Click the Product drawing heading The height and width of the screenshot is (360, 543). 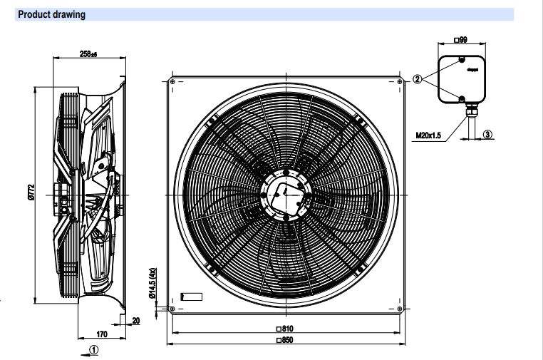click(x=51, y=14)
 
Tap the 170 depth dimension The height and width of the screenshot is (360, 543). click(x=102, y=333)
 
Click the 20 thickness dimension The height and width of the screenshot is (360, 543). click(x=135, y=320)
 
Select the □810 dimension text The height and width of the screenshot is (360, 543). click(x=286, y=329)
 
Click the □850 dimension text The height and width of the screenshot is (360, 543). click(x=286, y=340)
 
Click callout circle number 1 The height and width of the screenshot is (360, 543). click(x=95, y=349)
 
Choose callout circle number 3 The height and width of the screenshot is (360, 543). click(x=487, y=134)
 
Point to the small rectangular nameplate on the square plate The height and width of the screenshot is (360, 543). click(x=192, y=296)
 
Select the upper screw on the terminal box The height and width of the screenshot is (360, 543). click(x=462, y=60)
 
